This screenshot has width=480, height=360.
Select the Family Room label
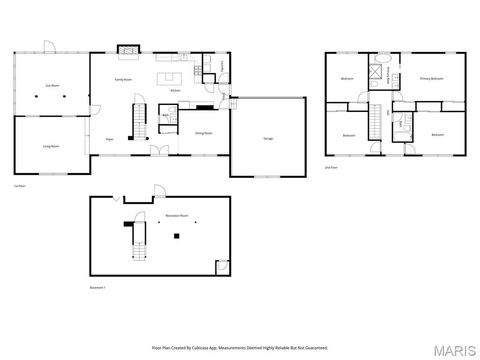[x=124, y=77]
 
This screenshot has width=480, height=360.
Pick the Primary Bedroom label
[x=431, y=78]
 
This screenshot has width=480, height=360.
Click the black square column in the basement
[x=176, y=236]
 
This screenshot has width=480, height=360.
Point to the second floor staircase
[x=378, y=123]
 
